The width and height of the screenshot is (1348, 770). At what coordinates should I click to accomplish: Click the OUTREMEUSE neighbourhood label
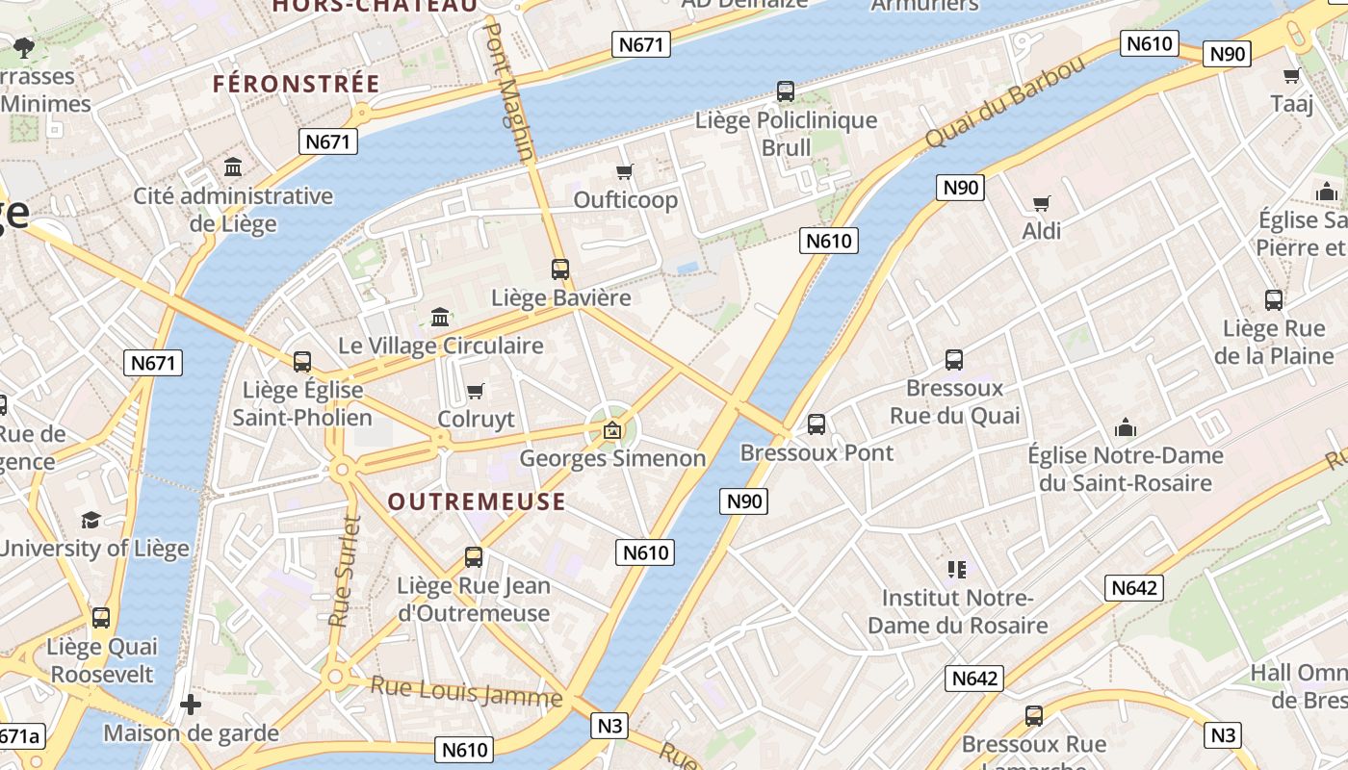pyautogui.click(x=477, y=501)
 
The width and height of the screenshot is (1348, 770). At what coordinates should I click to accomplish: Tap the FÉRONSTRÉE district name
pyautogui.click(x=297, y=84)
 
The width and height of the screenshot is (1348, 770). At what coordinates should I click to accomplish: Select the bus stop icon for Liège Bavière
pyautogui.click(x=560, y=269)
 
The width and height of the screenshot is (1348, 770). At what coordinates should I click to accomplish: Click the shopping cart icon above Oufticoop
pyautogui.click(x=625, y=171)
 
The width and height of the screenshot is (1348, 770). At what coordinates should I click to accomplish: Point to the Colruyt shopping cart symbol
pyautogui.click(x=475, y=391)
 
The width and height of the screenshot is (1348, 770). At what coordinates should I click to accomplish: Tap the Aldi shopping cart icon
pyautogui.click(x=1041, y=203)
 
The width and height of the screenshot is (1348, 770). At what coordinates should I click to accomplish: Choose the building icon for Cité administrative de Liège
pyautogui.click(x=233, y=167)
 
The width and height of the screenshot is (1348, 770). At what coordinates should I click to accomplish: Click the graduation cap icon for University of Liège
pyautogui.click(x=91, y=520)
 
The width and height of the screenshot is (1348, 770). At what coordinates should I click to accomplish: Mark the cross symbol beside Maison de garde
pyautogui.click(x=191, y=705)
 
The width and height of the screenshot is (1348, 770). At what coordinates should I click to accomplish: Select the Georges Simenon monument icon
pyautogui.click(x=612, y=429)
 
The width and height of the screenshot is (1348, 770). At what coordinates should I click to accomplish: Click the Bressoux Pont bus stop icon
pyautogui.click(x=817, y=423)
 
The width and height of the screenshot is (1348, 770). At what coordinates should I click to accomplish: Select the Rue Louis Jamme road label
pyautogui.click(x=466, y=692)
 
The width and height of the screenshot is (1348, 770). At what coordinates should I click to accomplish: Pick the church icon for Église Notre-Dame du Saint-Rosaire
pyautogui.click(x=1125, y=427)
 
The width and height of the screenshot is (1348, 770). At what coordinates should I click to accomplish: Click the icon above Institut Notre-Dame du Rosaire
pyautogui.click(x=956, y=569)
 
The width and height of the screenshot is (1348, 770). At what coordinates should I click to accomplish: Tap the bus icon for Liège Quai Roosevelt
pyautogui.click(x=101, y=618)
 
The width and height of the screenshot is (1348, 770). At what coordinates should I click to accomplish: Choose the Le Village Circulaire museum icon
pyautogui.click(x=441, y=317)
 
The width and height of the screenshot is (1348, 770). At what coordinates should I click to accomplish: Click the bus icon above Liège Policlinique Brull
pyautogui.click(x=786, y=91)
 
